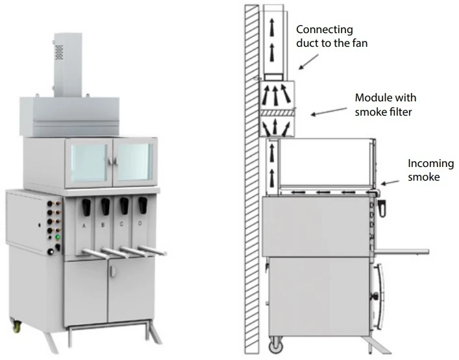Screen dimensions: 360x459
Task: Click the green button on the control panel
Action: click(x=58, y=237)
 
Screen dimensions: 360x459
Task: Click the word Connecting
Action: click(x=324, y=29)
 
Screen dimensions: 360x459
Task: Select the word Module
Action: click(x=372, y=97)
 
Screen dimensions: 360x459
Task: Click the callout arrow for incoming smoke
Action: click(x=390, y=181)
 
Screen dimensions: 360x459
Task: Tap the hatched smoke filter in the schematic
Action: click(x=277, y=114)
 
